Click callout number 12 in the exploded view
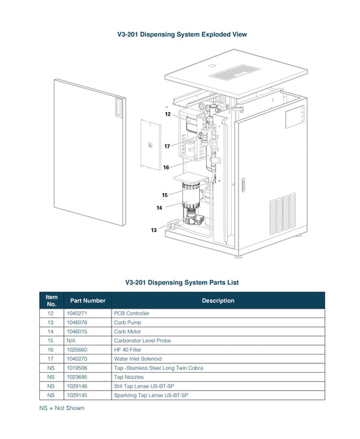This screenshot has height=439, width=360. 168,114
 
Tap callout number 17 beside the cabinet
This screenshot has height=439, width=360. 167,146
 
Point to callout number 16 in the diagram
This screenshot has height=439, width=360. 166,167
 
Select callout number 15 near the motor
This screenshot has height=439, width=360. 165,195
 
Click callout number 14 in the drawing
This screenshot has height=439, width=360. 159,208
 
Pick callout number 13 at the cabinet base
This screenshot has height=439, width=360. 154,230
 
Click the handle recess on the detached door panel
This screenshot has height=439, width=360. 118,107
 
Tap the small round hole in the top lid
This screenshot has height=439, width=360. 213,66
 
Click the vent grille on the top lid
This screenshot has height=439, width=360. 234,72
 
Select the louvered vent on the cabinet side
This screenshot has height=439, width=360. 283,213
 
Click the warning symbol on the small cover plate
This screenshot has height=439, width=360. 151,145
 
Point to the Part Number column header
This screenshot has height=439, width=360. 88,301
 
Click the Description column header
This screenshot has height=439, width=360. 218,301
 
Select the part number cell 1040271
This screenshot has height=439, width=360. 77,313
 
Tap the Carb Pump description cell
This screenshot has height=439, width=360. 128,323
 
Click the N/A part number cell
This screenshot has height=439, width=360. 71,340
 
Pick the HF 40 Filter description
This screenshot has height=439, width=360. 128,350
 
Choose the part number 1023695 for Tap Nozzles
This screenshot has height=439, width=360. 77,377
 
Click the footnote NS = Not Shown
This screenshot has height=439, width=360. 61,408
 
